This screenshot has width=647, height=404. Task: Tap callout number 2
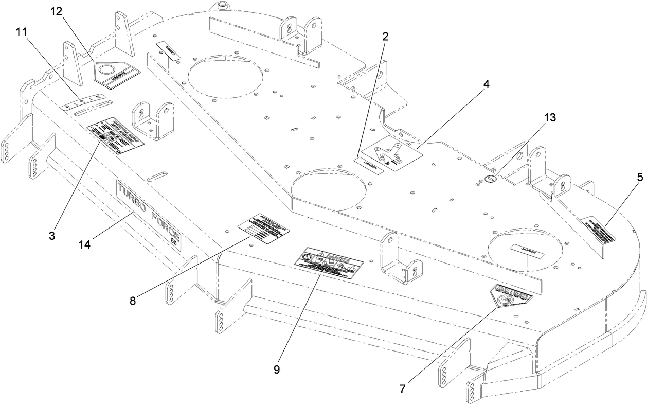pos(385,37)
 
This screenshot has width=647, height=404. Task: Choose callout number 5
pos(639,177)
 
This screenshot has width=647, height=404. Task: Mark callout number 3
pos(52,236)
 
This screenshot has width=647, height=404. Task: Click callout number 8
pos(133,301)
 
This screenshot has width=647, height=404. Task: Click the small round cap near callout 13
pos(490,179)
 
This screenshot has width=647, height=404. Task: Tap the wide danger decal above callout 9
pos(329,263)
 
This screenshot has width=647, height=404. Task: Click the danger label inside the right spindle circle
pos(524,249)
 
